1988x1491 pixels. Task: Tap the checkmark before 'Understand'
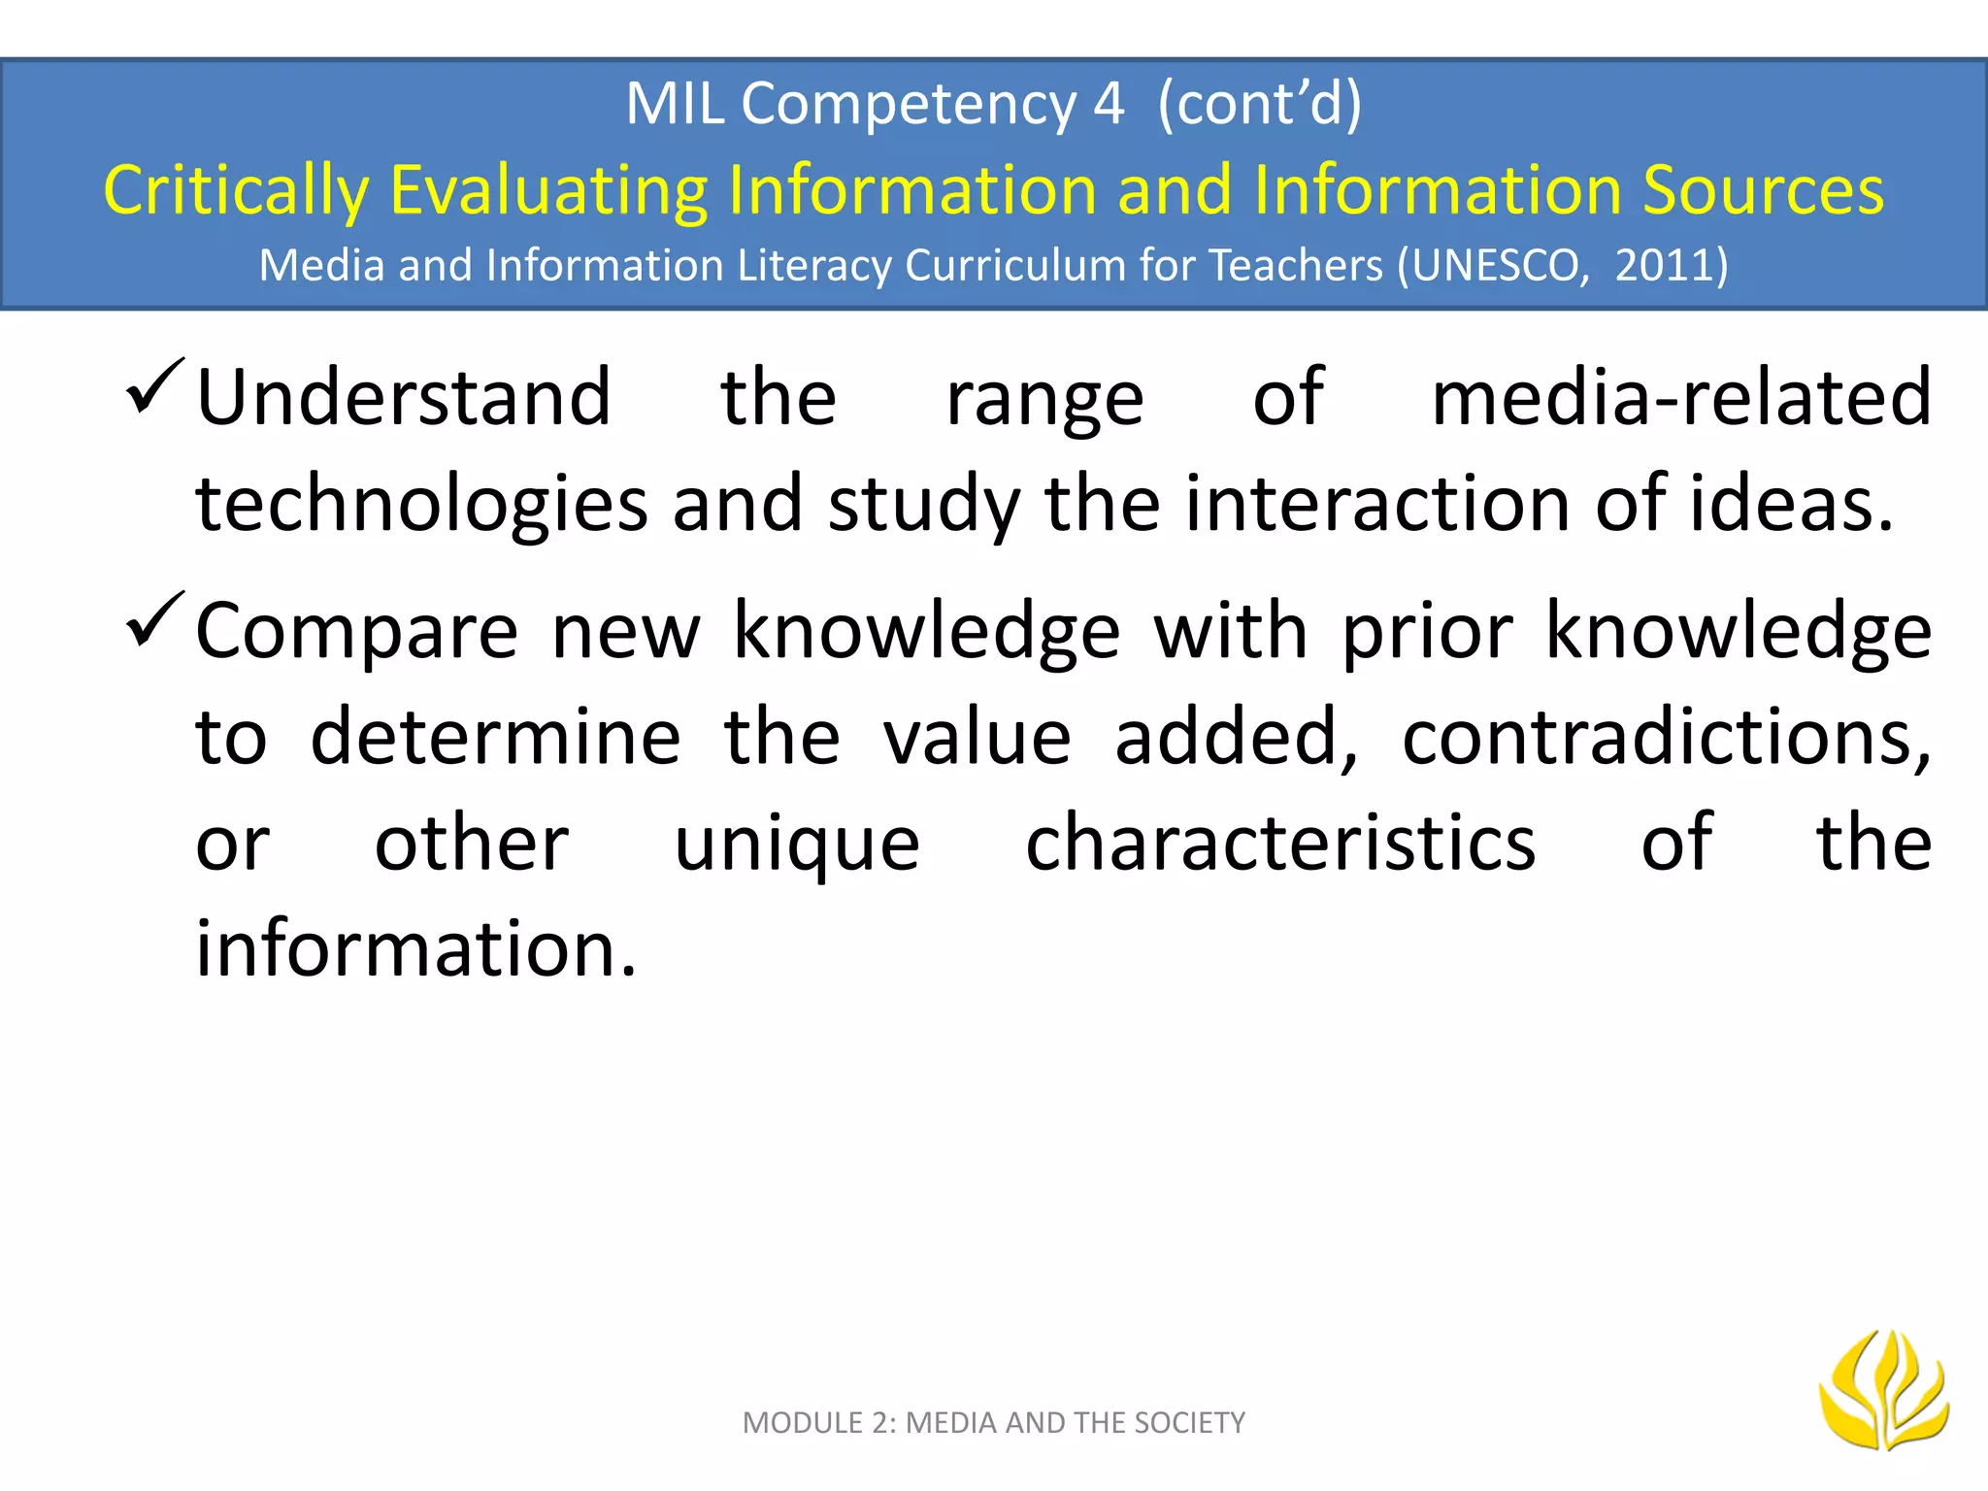154,386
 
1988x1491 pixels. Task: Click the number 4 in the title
1109,103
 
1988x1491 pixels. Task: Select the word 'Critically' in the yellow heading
236,190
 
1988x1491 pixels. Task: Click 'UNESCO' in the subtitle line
1501,265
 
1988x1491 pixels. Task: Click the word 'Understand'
404,398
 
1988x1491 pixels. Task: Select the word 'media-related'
1681,398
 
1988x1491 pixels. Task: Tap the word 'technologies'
421,505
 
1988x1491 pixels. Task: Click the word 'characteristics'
1280,843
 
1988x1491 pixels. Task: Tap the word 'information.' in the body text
416,947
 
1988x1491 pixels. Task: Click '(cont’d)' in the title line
1260,103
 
